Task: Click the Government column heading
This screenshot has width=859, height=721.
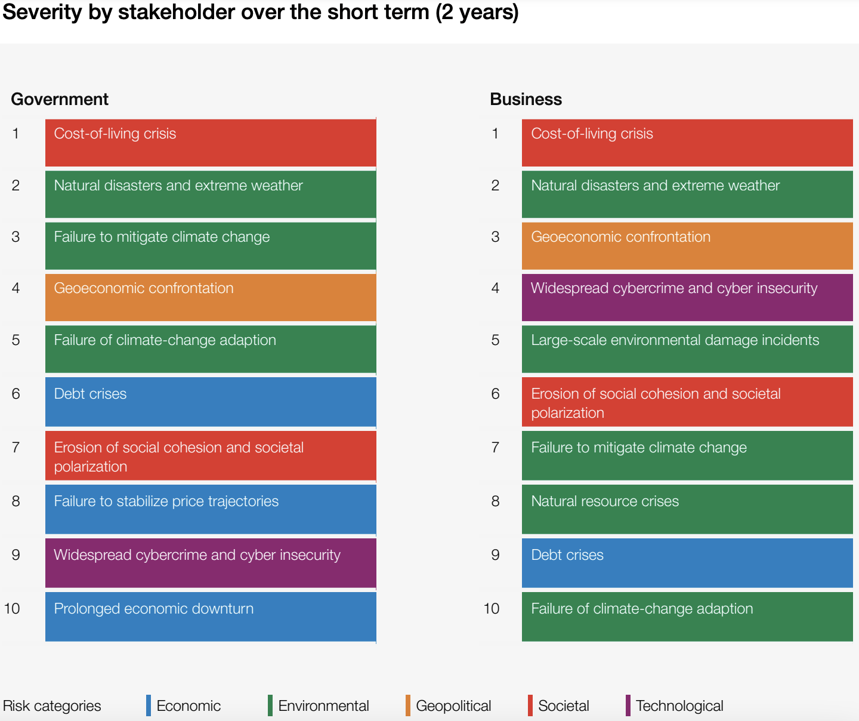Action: pyautogui.click(x=60, y=99)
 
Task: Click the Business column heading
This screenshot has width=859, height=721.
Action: pyautogui.click(x=526, y=99)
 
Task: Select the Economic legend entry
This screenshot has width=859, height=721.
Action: pyautogui.click(x=188, y=705)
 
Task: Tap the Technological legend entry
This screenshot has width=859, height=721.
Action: pyautogui.click(x=679, y=705)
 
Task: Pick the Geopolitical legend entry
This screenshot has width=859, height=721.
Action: pyautogui.click(x=453, y=705)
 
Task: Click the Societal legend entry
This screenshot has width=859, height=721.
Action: pyautogui.click(x=563, y=705)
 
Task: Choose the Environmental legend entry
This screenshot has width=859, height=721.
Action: pyautogui.click(x=323, y=705)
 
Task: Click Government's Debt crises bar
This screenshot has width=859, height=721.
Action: pyautogui.click(x=211, y=402)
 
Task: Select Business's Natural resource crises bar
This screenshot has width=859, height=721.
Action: pyautogui.click(x=687, y=509)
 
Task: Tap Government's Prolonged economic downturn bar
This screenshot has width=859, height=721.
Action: pyautogui.click(x=211, y=617)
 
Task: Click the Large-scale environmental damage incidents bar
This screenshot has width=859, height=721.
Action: pyautogui.click(x=687, y=349)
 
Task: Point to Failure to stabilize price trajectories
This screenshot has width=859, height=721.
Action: pyautogui.click(x=211, y=509)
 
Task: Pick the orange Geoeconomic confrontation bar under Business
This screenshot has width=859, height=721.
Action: pyautogui.click(x=687, y=246)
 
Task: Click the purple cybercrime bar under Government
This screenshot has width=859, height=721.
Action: pyautogui.click(x=211, y=563)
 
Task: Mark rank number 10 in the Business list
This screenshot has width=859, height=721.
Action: pyautogui.click(x=492, y=609)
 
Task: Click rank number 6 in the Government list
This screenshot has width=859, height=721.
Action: pyautogui.click(x=16, y=394)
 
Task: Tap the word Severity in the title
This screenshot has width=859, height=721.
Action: pyautogui.click(x=42, y=12)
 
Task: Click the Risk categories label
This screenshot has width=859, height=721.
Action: pyautogui.click(x=52, y=705)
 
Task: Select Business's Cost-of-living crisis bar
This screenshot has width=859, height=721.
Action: pyautogui.click(x=687, y=143)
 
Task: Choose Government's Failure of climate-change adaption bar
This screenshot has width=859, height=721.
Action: pyautogui.click(x=211, y=349)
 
